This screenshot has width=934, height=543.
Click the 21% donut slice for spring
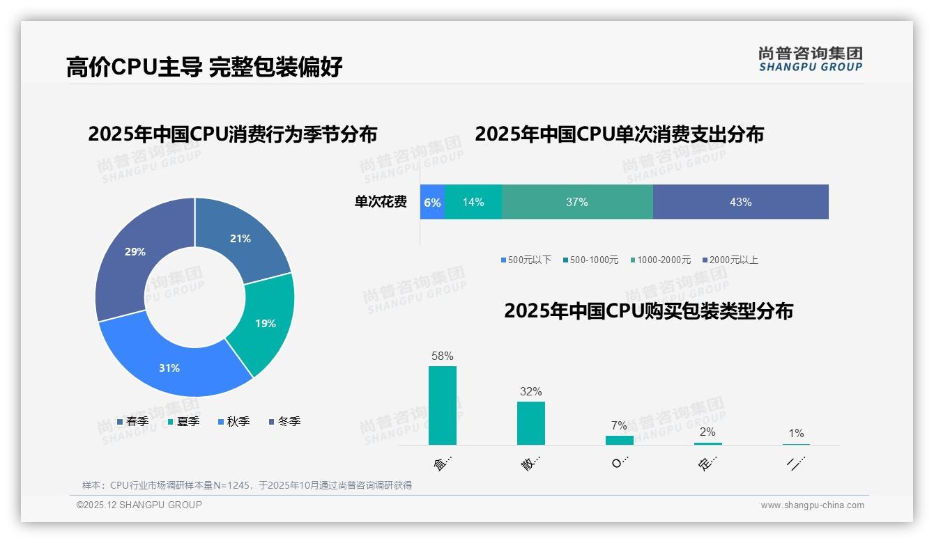pyautogui.click(x=240, y=238)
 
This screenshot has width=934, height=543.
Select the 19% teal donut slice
pyautogui.click(x=265, y=323)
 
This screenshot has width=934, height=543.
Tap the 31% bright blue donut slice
pyautogui.click(x=169, y=368)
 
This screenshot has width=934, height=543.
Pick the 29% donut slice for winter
pyautogui.click(x=135, y=252)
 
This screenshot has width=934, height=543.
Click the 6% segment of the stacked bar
pyautogui.click(x=432, y=202)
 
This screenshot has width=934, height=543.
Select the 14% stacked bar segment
pyautogui.click(x=473, y=202)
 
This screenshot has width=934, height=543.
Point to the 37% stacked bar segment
pyautogui.click(x=577, y=202)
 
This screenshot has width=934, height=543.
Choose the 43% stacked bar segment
pyautogui.click(x=740, y=202)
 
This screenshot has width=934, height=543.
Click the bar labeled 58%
pyautogui.click(x=443, y=405)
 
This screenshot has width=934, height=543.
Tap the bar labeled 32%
pyautogui.click(x=531, y=423)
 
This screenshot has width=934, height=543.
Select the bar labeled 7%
pyautogui.click(x=619, y=440)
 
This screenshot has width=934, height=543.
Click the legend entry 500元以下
pyautogui.click(x=526, y=260)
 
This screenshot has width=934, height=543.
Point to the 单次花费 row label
pyautogui.click(x=381, y=202)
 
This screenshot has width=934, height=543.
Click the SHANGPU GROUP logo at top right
pyautogui.click(x=810, y=58)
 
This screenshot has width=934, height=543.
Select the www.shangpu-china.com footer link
pyautogui.click(x=812, y=505)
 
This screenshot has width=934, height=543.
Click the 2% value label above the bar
pyautogui.click(x=707, y=432)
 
